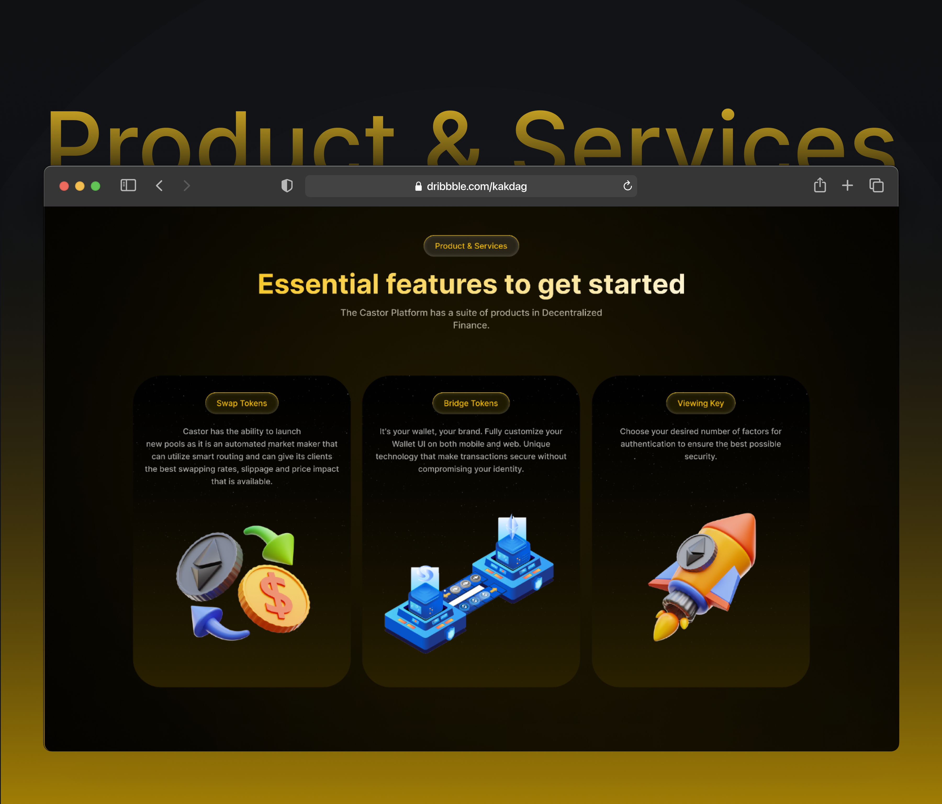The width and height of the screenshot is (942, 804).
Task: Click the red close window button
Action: (64, 186)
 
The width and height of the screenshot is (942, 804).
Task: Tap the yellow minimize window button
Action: (80, 186)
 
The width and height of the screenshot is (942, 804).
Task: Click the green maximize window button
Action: (96, 186)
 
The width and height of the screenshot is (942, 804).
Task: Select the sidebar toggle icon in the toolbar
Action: (128, 186)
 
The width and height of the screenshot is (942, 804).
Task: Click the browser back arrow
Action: (159, 186)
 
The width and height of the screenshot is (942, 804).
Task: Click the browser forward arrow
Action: (186, 186)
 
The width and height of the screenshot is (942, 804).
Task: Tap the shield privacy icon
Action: (287, 186)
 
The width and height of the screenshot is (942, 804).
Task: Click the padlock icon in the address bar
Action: (418, 186)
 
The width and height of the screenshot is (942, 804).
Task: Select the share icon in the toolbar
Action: (820, 185)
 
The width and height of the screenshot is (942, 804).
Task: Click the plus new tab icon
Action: (848, 186)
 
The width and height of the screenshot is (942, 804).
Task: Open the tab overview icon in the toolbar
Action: (876, 186)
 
